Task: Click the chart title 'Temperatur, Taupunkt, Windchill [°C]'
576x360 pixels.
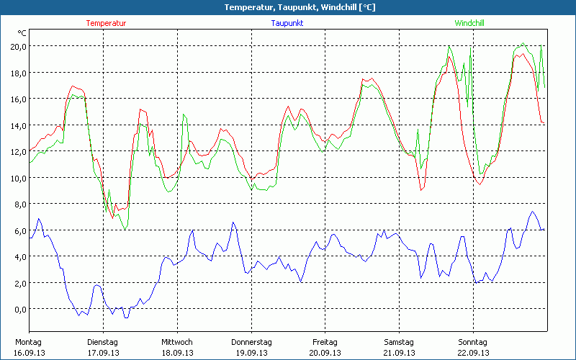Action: (x=289, y=7)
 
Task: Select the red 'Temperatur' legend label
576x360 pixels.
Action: (x=106, y=23)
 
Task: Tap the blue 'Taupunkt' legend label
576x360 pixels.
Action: (x=287, y=23)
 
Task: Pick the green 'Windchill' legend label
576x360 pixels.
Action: (x=469, y=23)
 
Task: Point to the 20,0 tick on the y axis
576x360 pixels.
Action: (x=17, y=46)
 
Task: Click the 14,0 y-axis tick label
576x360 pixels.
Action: (x=17, y=125)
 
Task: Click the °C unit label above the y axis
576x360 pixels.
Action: (x=22, y=33)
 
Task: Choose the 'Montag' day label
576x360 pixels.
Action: (x=28, y=342)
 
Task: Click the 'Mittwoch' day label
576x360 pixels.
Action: (x=176, y=342)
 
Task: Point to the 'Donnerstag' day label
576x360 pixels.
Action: (x=251, y=342)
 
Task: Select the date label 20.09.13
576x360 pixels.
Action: (x=325, y=353)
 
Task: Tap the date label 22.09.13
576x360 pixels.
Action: (x=473, y=353)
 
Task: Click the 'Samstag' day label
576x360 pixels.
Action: (x=399, y=342)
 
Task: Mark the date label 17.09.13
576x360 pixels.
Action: (x=102, y=353)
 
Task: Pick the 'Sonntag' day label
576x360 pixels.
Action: (x=473, y=342)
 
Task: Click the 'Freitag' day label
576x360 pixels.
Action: (x=325, y=342)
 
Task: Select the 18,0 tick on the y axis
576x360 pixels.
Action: (x=17, y=73)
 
